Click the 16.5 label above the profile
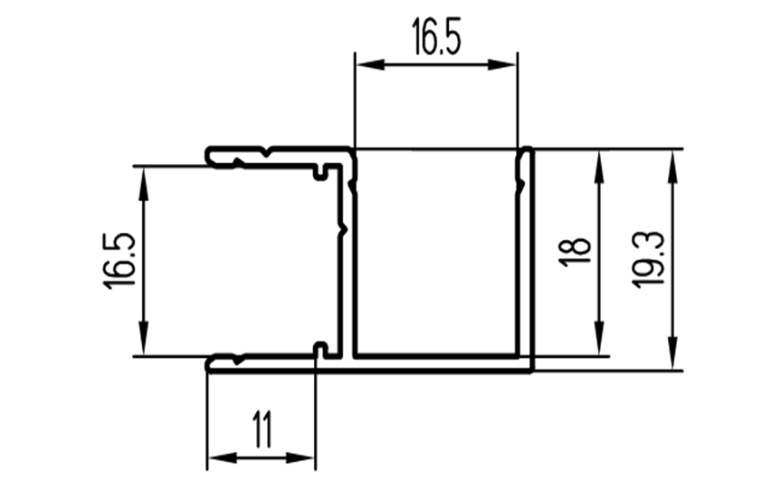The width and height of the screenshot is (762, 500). [436, 36]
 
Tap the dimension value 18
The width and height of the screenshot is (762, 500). [575, 252]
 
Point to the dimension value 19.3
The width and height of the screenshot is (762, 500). [648, 259]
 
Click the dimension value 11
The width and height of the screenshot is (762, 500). [262, 429]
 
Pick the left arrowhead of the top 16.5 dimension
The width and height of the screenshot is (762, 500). [370, 64]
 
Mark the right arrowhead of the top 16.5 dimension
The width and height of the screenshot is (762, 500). [502, 64]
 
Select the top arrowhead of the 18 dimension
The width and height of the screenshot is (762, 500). [599, 167]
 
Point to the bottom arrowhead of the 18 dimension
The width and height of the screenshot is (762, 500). [599, 339]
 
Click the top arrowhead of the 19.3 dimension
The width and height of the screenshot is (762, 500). [673, 167]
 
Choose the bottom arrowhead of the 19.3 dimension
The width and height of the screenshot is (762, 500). [673, 353]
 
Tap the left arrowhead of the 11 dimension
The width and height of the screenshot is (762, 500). [222, 457]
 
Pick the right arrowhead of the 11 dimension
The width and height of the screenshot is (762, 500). [300, 457]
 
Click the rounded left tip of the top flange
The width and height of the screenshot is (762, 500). [207, 156]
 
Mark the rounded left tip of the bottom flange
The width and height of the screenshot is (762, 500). [207, 365]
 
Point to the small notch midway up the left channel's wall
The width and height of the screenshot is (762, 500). [344, 228]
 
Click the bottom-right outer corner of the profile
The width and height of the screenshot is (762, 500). [533, 372]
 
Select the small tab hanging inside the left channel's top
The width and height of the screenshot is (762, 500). [319, 173]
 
